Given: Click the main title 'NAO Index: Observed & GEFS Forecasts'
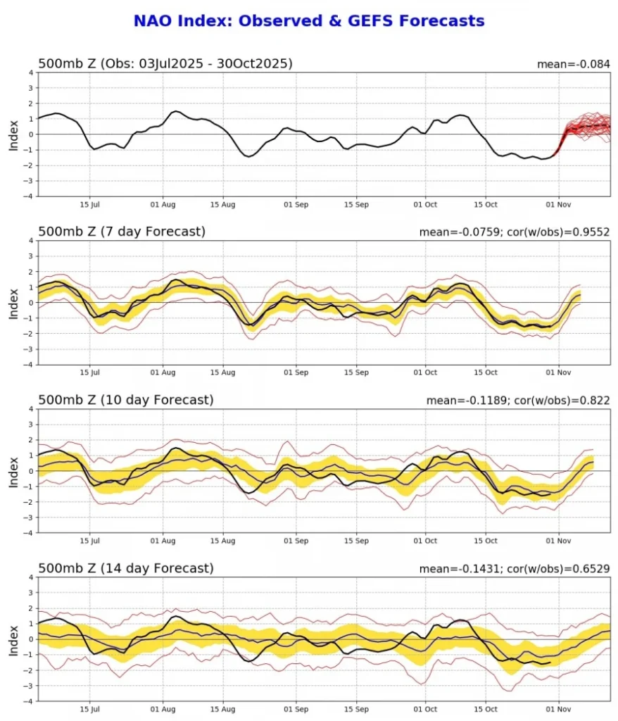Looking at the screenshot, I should tap(309, 21).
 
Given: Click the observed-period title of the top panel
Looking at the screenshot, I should tap(165, 64).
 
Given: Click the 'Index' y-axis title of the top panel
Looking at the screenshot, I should tap(13, 134).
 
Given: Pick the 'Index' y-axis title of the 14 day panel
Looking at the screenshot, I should tap(13, 639).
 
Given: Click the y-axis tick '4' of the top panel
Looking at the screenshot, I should tap(31, 73).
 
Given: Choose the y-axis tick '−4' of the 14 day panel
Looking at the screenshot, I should tap(29, 701).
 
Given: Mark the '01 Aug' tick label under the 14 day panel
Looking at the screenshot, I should tap(163, 709).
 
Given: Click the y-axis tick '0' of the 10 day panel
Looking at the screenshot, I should tap(31, 471).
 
